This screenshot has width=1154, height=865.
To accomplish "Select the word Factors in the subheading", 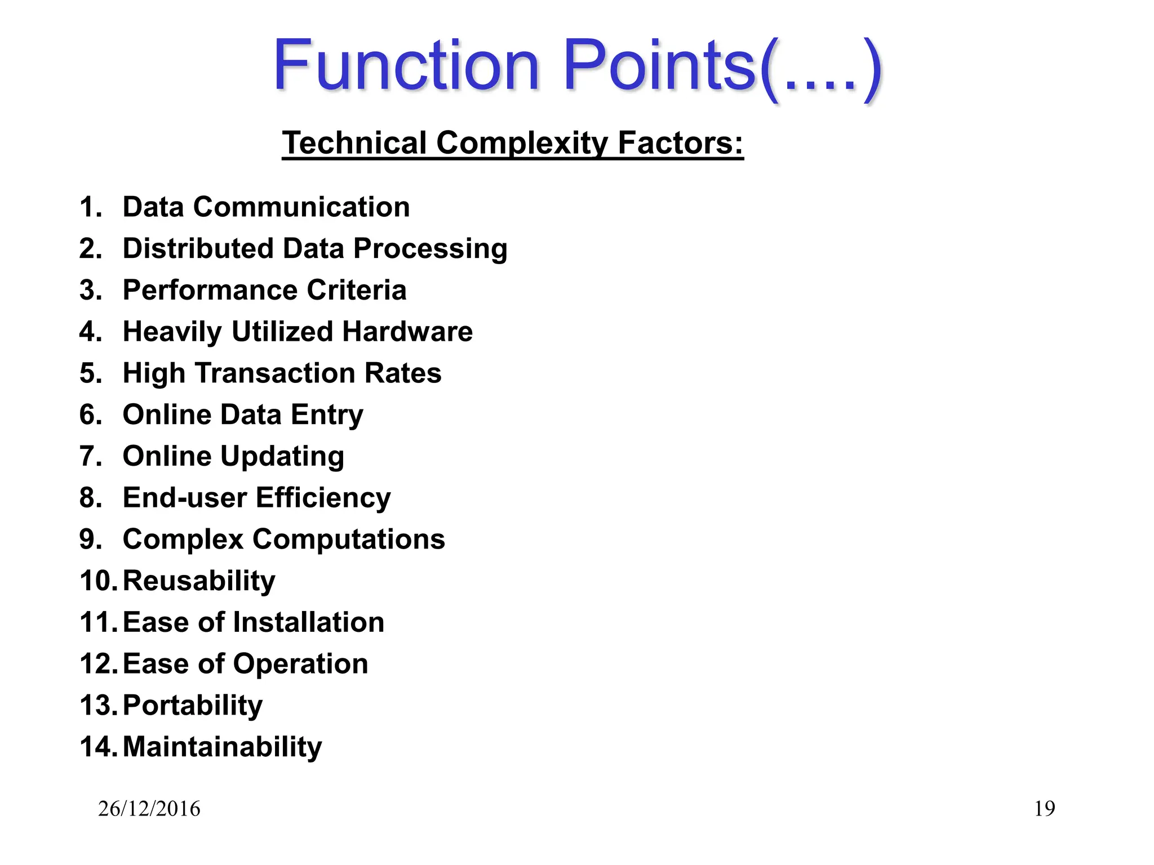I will [x=681, y=143].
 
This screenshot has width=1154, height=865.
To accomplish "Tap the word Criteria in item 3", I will [x=356, y=290].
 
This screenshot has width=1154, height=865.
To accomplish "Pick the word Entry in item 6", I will [x=327, y=415].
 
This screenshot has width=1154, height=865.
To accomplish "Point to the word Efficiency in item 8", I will [x=323, y=498].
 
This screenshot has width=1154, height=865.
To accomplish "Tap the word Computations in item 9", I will [x=348, y=539].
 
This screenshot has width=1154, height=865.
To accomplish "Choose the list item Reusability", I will [x=199, y=581].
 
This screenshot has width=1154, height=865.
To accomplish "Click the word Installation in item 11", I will [x=309, y=622].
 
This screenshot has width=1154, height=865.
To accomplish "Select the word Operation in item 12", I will [x=300, y=665].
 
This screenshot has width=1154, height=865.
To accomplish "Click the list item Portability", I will [x=193, y=706].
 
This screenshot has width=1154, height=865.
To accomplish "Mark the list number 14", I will [x=97, y=747].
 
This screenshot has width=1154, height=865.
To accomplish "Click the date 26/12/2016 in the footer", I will [x=149, y=809].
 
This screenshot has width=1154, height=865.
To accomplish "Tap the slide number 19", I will [x=1044, y=809].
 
